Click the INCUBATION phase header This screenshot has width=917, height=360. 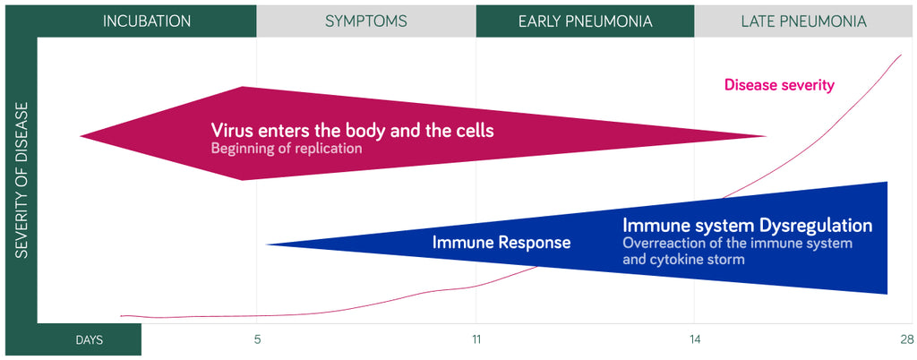click(147, 21)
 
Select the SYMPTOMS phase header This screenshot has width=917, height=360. click(366, 21)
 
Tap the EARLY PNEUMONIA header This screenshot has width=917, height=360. click(586, 21)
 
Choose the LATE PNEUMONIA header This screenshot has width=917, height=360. click(803, 21)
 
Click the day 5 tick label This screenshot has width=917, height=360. click(257, 339)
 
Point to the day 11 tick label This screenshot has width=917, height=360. click(476, 339)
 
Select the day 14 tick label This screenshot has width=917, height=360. click(694, 339)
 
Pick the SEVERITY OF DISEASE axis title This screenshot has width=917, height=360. click(21, 180)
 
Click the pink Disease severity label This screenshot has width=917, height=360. click(779, 85)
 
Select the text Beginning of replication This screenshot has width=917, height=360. click(287, 149)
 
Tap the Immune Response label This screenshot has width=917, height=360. click(501, 243)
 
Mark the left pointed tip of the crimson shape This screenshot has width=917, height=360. click(81, 136)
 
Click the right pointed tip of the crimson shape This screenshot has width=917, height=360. click(767, 136)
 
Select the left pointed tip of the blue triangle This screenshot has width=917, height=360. click(266, 244)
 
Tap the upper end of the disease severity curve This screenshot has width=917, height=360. click(901, 55)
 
